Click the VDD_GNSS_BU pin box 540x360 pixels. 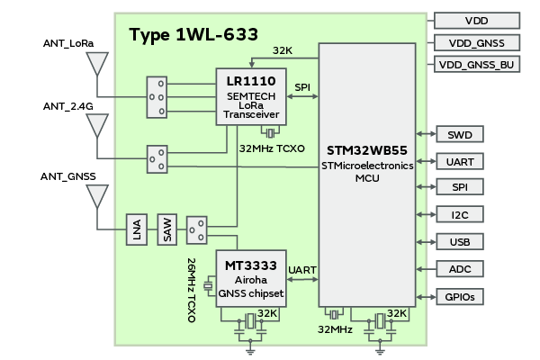pos(477,65)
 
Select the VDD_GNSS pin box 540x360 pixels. pos(477,42)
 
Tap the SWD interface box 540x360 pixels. pos(459,135)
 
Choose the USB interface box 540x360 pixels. pos(459,242)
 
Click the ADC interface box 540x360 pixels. pos(459,269)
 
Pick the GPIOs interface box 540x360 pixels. pos(459,296)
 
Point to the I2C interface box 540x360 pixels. pos(459,215)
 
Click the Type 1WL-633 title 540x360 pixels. pos(193,35)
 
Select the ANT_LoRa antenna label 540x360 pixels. pos(68,42)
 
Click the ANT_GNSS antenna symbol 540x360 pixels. pos(96,196)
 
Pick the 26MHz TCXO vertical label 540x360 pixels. pos(192,289)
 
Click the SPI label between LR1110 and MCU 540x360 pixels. pos(302,86)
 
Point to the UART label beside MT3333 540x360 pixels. pos(301,270)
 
